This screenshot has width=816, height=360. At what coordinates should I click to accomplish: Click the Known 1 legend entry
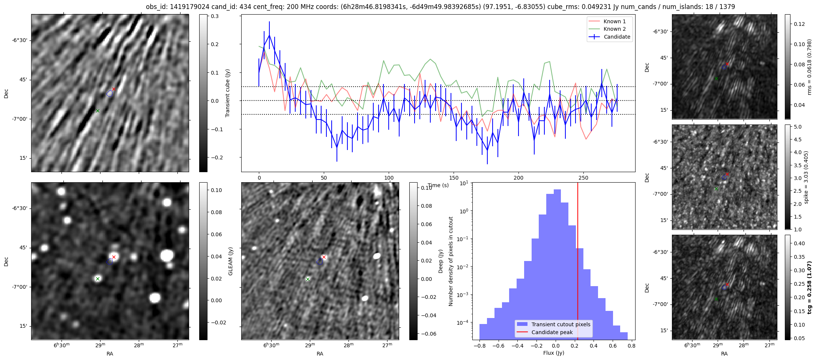click(615, 21)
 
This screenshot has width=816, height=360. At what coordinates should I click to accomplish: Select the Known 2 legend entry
click(615, 29)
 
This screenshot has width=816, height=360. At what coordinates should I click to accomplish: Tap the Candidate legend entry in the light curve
click(617, 37)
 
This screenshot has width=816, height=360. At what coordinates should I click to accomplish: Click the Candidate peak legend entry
click(552, 332)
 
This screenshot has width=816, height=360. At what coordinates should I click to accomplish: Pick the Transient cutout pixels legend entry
click(561, 324)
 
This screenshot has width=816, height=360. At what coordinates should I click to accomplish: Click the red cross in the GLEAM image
click(114, 257)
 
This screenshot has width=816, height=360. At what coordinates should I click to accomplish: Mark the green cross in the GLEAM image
click(98, 279)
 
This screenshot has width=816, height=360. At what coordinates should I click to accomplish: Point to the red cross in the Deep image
click(324, 257)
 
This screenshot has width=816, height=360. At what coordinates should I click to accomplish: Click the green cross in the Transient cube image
click(98, 111)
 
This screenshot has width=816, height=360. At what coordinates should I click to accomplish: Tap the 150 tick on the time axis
click(454, 178)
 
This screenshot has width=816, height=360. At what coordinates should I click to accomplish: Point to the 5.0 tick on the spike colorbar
click(798, 127)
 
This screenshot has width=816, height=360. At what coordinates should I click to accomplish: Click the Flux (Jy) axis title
click(553, 353)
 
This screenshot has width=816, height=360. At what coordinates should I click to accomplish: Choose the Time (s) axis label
click(438, 185)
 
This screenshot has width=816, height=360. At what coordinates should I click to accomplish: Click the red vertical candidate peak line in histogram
click(578, 262)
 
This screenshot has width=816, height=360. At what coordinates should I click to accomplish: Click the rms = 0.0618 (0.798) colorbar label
click(809, 67)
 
